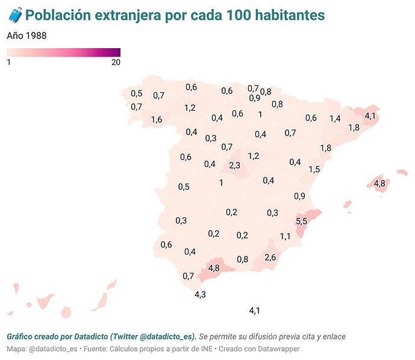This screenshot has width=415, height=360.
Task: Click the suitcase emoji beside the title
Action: pyautogui.click(x=14, y=15)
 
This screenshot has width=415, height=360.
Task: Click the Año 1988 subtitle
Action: pyautogui.click(x=27, y=36)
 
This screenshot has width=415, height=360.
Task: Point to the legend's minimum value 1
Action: pyautogui.click(x=9, y=63)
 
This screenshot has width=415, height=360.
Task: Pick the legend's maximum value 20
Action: pyautogui.click(x=116, y=63)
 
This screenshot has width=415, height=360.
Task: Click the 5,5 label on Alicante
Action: pyautogui.click(x=301, y=222)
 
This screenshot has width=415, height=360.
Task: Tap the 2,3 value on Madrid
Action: pyautogui.click(x=235, y=166)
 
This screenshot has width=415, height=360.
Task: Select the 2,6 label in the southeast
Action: pyautogui.click(x=270, y=258)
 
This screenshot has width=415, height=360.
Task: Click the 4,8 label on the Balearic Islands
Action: pyautogui.click(x=379, y=183)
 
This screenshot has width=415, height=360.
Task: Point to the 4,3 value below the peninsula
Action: pyautogui.click(x=201, y=294)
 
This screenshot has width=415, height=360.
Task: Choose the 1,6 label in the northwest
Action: pyautogui.click(x=157, y=120)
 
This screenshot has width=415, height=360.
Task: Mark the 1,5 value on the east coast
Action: pyautogui.click(x=314, y=170)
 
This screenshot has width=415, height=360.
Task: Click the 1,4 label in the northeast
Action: pyautogui.click(x=335, y=119)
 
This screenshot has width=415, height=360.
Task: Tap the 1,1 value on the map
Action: pyautogui.click(x=286, y=237)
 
